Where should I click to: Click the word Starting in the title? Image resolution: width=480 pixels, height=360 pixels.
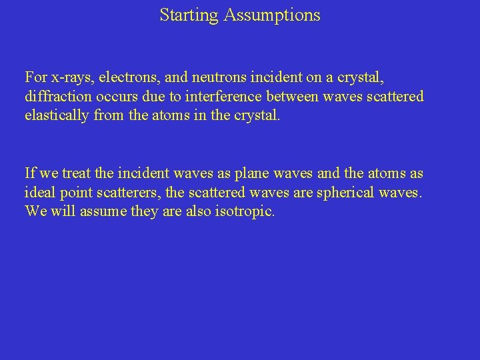pyautogui.click(x=189, y=15)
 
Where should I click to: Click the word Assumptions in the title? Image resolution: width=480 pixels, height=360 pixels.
pyautogui.click(x=272, y=15)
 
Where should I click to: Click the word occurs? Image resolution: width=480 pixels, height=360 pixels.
pyautogui.click(x=113, y=97)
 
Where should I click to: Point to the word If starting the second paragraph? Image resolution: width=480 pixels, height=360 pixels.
pyautogui.click(x=30, y=173)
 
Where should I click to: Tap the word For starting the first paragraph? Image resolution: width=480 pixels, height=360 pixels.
pyautogui.click(x=36, y=77)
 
